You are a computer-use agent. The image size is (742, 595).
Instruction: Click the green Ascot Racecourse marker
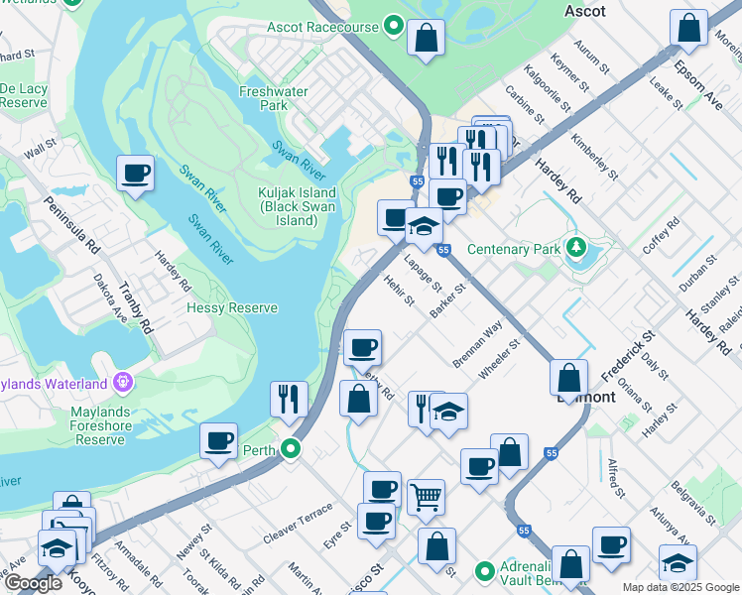point(394,26)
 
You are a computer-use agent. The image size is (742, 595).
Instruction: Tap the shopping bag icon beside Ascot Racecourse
point(426,40)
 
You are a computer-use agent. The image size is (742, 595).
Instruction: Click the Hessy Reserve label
point(232,308)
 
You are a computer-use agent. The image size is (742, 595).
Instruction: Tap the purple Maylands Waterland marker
point(122,381)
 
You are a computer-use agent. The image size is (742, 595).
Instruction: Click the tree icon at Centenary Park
point(575,247)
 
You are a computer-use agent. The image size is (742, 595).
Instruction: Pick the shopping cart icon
point(426,498)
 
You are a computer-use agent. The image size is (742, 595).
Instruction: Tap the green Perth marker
point(291,449)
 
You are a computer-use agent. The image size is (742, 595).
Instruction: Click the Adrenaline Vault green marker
point(485,571)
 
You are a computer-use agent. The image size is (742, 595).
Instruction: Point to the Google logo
point(34,584)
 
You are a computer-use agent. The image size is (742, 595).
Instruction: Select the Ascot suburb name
point(584,10)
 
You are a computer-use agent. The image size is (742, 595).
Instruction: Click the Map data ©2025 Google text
point(680,587)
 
